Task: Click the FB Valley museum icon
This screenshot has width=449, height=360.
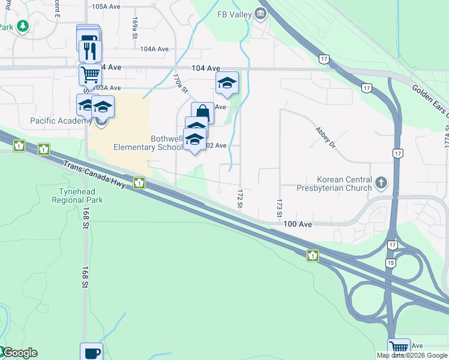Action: point(260,13)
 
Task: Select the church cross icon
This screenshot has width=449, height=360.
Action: point(381,182)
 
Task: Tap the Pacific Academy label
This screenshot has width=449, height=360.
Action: point(59,121)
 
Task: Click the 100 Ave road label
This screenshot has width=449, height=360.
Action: point(298,224)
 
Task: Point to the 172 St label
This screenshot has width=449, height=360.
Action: point(240,199)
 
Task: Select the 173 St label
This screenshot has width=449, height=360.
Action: point(279,208)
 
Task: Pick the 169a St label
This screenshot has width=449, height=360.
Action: point(136,26)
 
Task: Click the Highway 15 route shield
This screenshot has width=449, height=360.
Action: point(391,263)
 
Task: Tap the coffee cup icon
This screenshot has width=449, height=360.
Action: point(91,352)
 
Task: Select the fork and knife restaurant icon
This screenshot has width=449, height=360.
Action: point(90,50)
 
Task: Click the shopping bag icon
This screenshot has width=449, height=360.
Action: point(203,112)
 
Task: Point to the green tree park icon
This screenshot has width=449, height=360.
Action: point(23,26)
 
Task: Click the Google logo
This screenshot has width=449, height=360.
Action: point(19,353)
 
